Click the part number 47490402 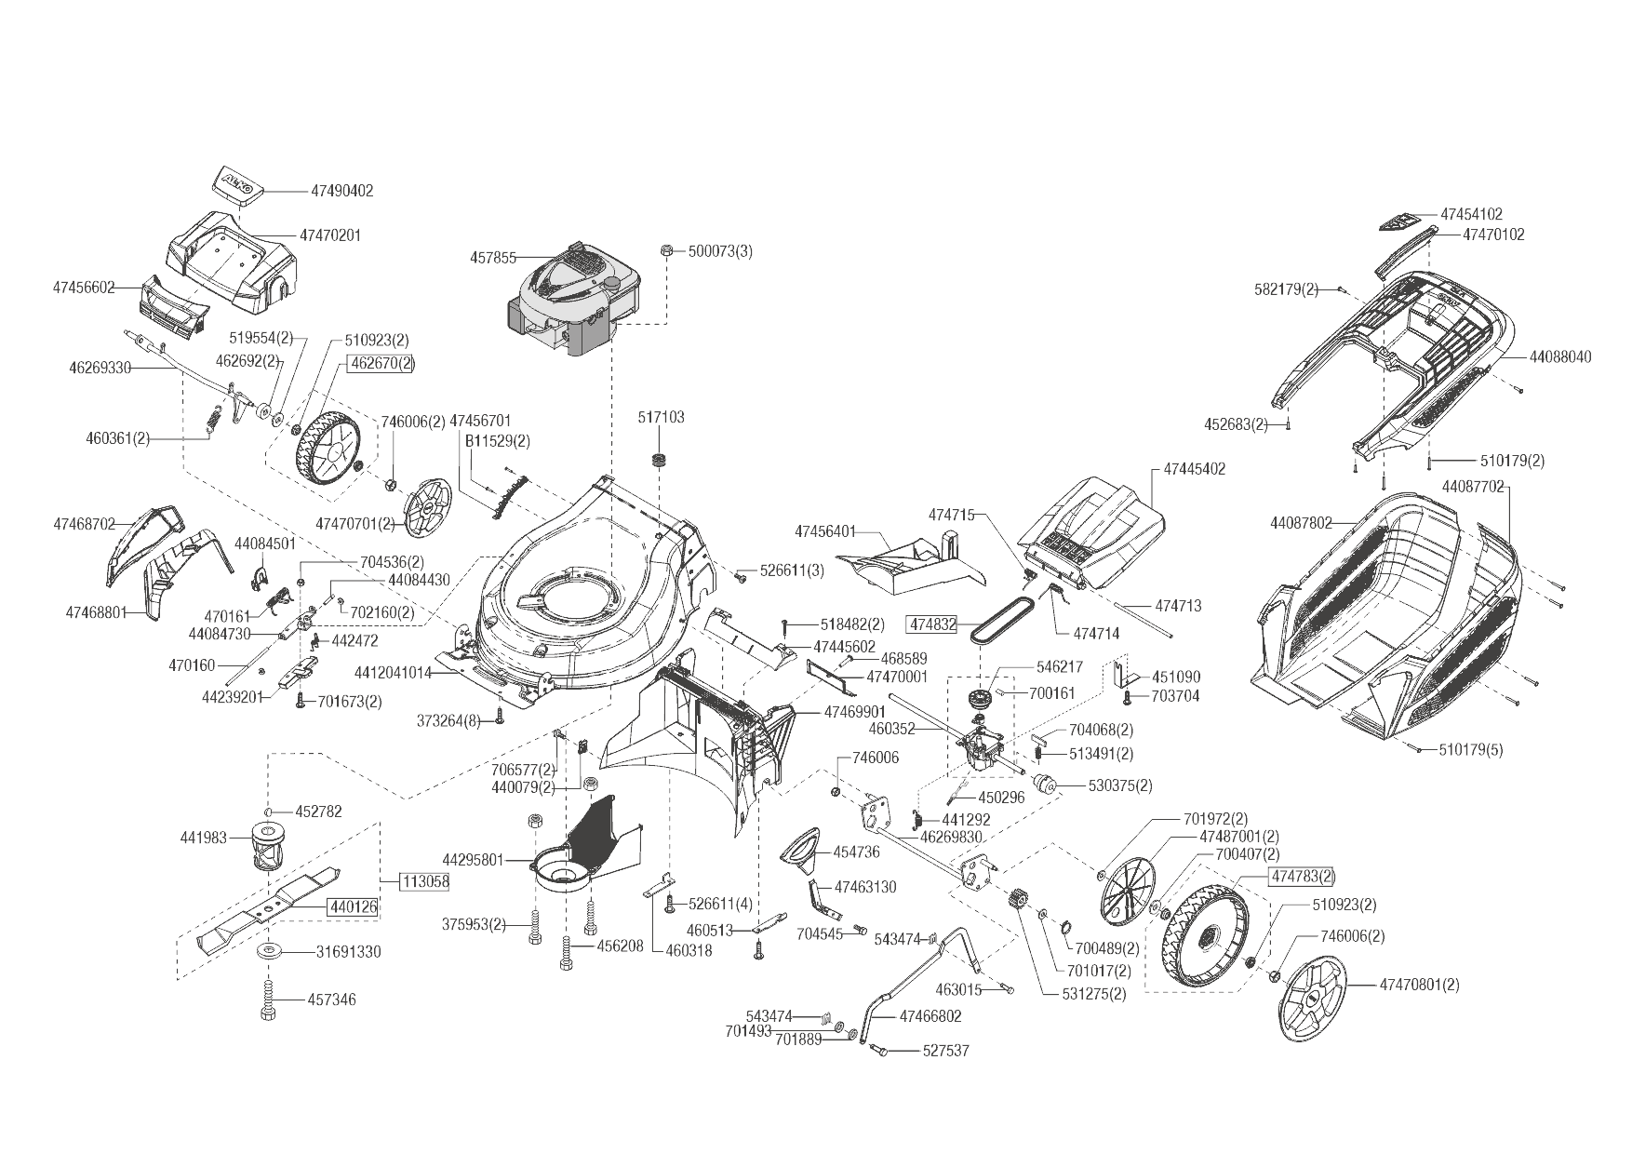[x=341, y=191]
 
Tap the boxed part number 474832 [x=933, y=624]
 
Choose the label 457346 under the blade [x=331, y=1000]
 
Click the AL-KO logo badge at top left [x=236, y=182]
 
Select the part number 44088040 [x=1560, y=356]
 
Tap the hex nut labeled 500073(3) [x=667, y=251]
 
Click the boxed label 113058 [x=425, y=881]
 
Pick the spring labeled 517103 [x=661, y=460]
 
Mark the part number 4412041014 [x=393, y=672]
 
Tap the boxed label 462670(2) [x=381, y=364]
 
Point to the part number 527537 [x=945, y=1051]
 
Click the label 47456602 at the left [x=84, y=288]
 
